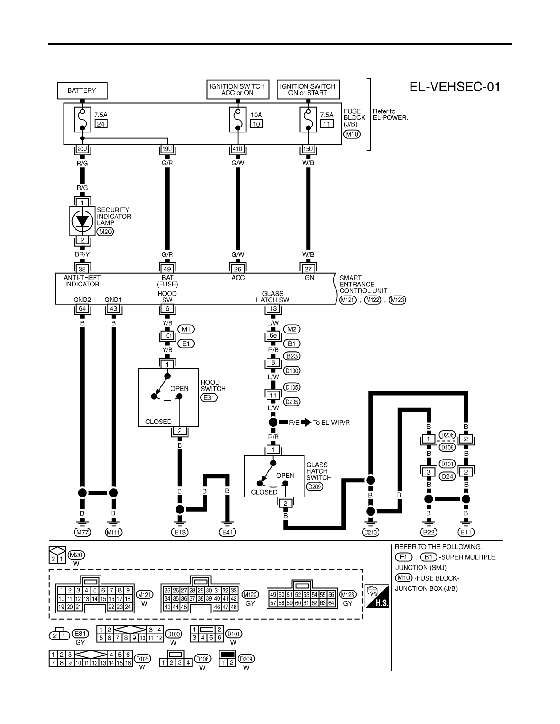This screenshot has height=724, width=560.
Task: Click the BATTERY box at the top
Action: point(82,90)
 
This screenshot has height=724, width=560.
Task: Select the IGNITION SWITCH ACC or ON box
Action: point(238,90)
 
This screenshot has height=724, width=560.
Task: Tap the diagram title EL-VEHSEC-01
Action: point(455,87)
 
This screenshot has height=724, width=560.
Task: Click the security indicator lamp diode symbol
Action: point(82,221)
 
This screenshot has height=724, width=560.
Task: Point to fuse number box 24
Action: point(101,124)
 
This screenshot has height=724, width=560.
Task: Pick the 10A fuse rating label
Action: point(256,115)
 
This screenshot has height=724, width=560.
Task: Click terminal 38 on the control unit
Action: point(82,269)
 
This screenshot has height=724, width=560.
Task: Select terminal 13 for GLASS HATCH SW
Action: point(273,308)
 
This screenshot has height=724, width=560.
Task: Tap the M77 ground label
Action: point(82,533)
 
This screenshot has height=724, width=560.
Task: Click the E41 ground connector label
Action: point(227,533)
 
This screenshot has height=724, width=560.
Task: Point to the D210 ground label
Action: point(370,533)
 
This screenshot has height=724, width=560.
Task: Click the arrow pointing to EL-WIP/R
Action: point(306,423)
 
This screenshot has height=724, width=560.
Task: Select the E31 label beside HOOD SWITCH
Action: point(208,397)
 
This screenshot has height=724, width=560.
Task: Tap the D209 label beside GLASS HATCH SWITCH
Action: point(315,487)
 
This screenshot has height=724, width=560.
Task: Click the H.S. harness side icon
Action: point(377,596)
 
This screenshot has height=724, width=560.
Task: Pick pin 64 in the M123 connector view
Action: point(331,603)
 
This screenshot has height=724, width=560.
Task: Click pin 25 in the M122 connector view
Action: point(167,591)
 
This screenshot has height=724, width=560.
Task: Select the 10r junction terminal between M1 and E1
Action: point(167,336)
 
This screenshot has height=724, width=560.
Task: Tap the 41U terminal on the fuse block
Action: point(237,149)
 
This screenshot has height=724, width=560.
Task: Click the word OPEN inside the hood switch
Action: point(179,388)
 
